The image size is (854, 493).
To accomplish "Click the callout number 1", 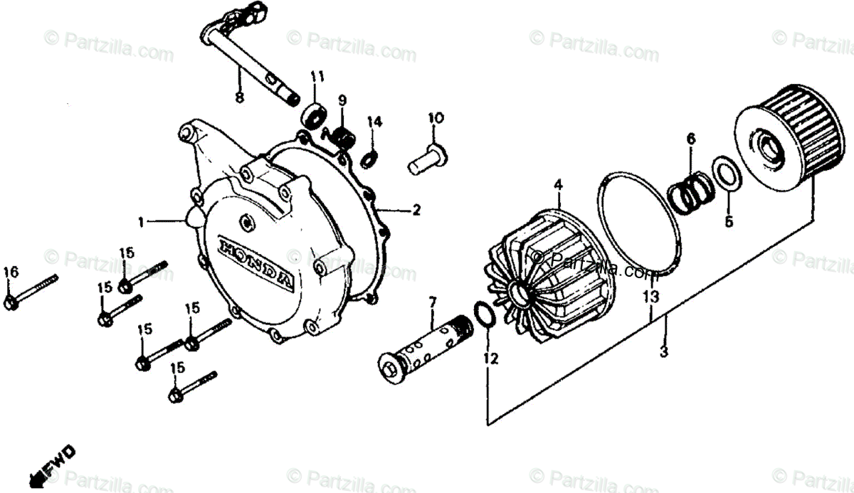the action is click(x=141, y=223).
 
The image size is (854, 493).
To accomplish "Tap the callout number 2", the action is click(x=416, y=210).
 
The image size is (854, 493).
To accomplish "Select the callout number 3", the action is click(x=663, y=351).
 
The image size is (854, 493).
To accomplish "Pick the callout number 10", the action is click(x=436, y=117).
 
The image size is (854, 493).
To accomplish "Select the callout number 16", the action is click(x=10, y=272).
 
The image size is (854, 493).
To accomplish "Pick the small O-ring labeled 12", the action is click(x=482, y=313).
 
